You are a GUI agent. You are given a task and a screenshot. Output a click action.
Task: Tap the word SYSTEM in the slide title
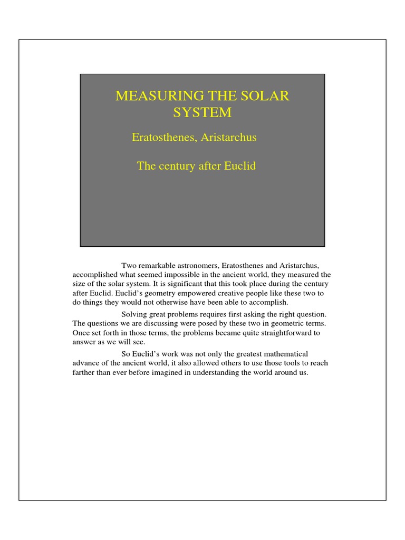(x=202, y=112)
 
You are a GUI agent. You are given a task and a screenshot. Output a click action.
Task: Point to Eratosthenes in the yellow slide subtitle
(x=166, y=138)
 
